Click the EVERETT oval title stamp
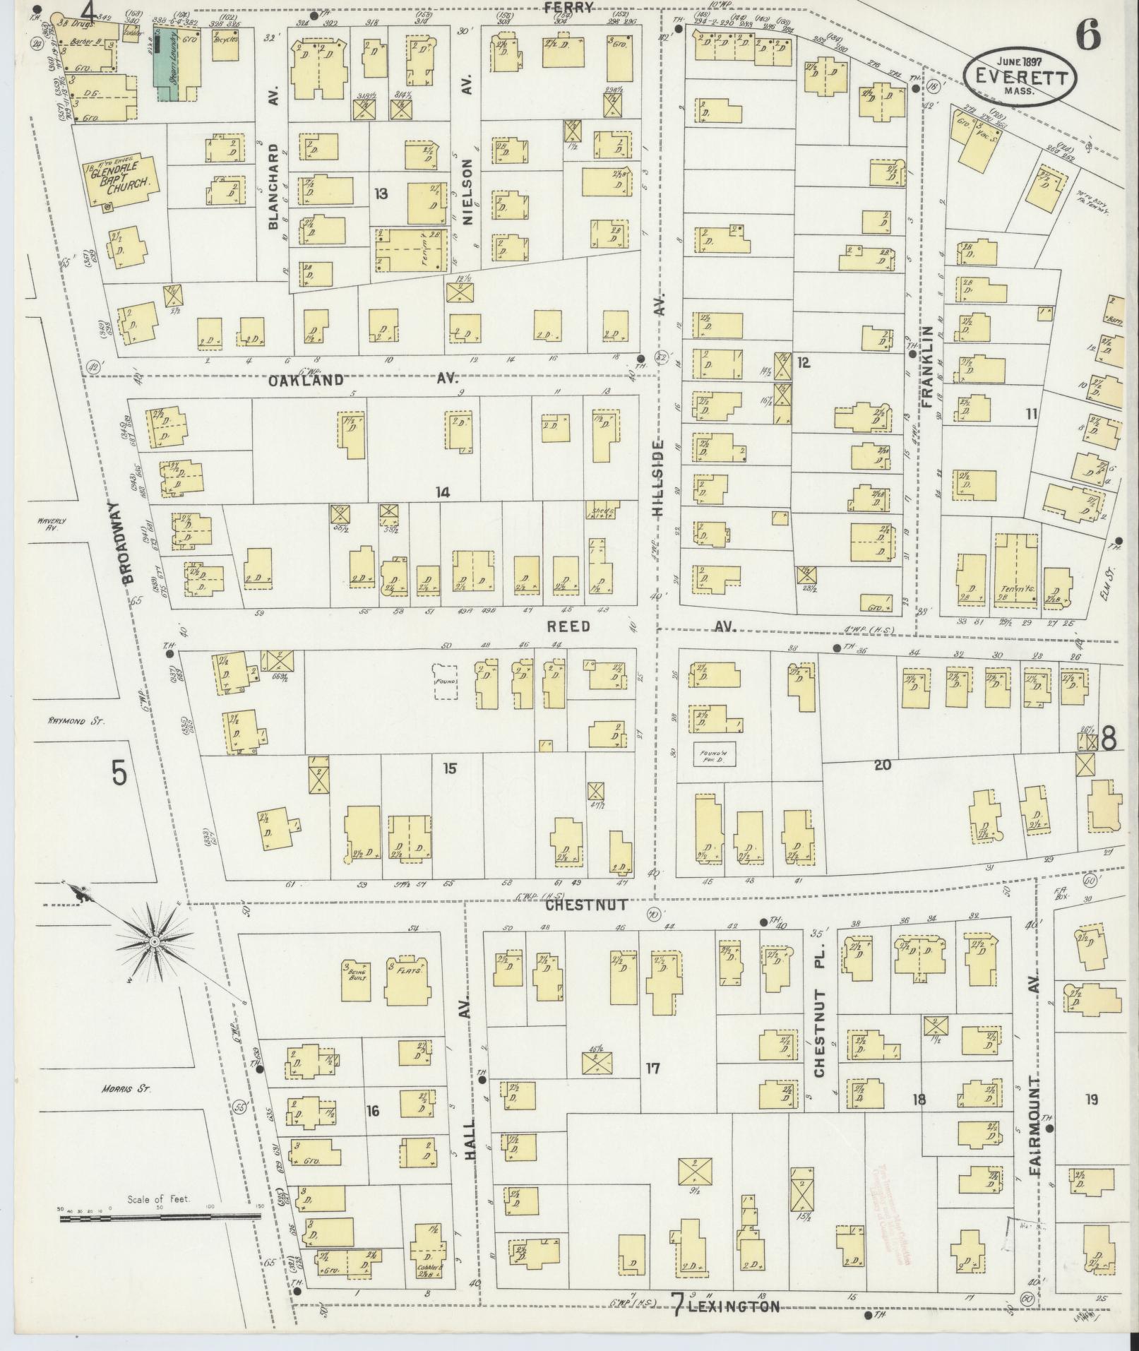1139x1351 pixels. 1021,76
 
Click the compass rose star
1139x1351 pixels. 153,942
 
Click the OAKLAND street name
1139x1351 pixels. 306,380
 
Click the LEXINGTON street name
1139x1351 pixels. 733,1306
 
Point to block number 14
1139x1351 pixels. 443,492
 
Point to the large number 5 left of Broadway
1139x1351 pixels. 119,774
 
